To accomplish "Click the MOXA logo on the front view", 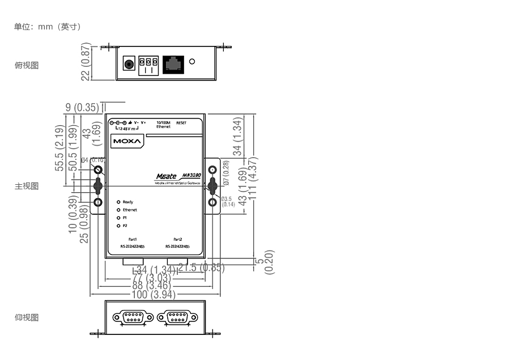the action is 125,141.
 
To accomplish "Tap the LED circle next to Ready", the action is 118,202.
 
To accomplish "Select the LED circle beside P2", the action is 118,226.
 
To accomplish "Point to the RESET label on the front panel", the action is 181,122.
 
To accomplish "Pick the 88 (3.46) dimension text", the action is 154,286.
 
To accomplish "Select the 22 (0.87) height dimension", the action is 86,62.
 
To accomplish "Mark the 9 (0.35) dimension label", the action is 82,107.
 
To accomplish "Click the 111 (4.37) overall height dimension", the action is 253,177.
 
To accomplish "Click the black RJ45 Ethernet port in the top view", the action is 173,63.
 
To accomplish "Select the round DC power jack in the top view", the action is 130,63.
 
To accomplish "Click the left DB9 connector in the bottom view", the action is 133,317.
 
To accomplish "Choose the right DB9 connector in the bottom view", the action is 177,317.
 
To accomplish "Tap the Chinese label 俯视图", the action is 27,65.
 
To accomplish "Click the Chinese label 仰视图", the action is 27,317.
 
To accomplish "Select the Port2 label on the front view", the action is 177,239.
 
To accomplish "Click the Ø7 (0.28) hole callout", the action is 226,173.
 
